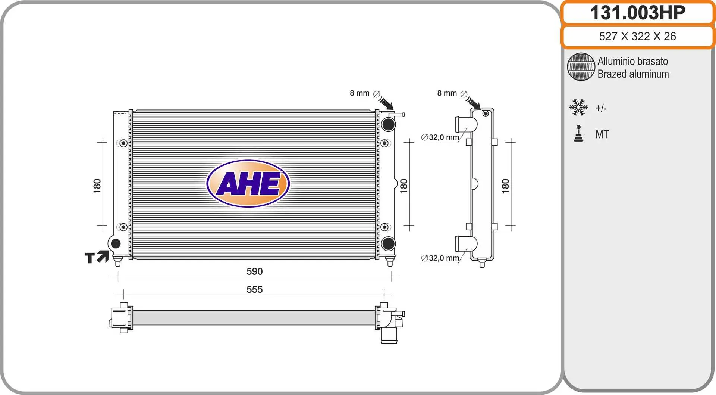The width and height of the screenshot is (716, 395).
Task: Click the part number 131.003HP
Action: pyautogui.click(x=637, y=13)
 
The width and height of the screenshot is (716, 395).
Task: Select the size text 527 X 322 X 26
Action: pyautogui.click(x=637, y=36)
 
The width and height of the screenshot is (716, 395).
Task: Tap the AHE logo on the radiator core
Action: pyautogui.click(x=248, y=183)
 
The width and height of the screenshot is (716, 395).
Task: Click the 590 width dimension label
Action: pyautogui.click(x=254, y=271)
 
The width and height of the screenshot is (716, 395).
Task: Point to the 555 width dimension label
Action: pyautogui.click(x=254, y=289)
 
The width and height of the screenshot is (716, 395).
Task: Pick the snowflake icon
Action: pyautogui.click(x=578, y=107)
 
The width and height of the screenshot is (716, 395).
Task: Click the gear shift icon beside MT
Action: pyautogui.click(x=578, y=134)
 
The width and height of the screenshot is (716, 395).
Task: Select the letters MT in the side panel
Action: pyautogui.click(x=602, y=134)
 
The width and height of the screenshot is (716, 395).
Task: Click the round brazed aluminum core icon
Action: pyautogui.click(x=581, y=67)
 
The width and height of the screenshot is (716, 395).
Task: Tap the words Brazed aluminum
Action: pyautogui.click(x=633, y=74)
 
